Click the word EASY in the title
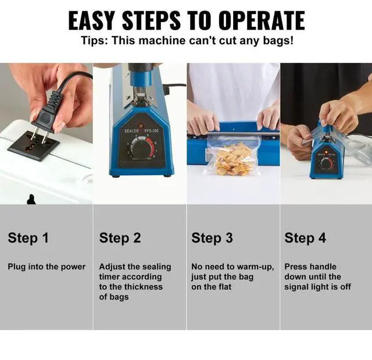coord(92,20)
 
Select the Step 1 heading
coord(28,238)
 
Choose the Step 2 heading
coord(120,238)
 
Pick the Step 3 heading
coord(212,238)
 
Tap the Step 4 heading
coord(305,238)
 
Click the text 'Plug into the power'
coord(46,267)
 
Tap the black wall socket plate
coord(34,145)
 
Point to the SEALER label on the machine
coord(132,131)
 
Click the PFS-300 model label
coord(151,131)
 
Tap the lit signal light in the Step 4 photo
coord(326,152)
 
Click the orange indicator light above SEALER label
coord(141,125)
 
